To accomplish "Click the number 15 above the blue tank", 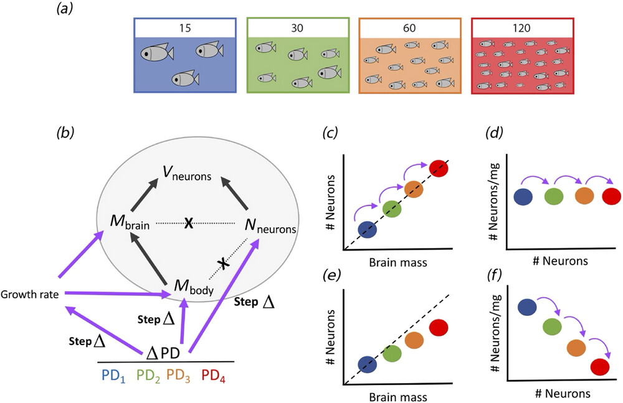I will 185,28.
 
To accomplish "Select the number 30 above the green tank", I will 298,28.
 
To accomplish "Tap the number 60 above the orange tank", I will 410,28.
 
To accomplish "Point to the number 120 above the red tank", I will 522,28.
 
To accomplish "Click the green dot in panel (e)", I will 392,354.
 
